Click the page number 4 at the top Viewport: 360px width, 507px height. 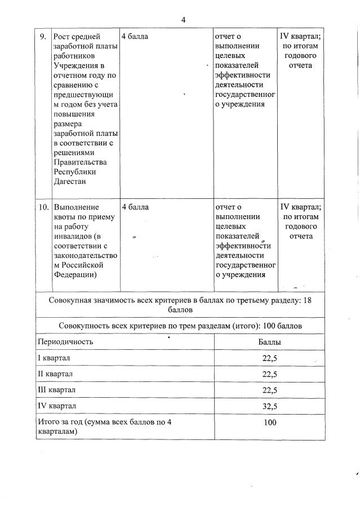tap(183, 20)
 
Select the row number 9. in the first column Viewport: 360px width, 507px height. tap(43, 37)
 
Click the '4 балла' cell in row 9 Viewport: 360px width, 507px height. tap(135, 37)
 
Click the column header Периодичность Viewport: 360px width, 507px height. tap(65, 341)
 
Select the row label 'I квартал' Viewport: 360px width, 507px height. tap(54, 358)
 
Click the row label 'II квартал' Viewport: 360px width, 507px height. tap(55, 374)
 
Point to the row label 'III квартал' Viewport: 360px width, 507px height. tap(56, 390)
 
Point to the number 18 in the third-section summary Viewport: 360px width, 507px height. tap(307, 300)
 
